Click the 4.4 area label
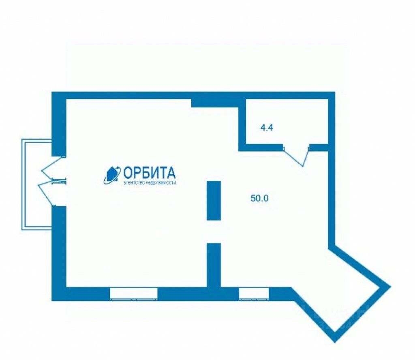coord(267,128)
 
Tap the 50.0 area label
coord(260,199)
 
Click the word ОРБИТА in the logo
coord(150,173)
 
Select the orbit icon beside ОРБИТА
coord(112,175)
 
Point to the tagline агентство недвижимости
coord(150,183)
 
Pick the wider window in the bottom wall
coord(134,294)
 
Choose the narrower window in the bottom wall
coord(254,294)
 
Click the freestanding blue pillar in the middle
coord(214,200)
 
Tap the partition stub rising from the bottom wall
coord(214,265)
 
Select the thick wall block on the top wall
coord(214,103)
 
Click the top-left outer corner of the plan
coord(53,93)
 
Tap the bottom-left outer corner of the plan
coord(53,300)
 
